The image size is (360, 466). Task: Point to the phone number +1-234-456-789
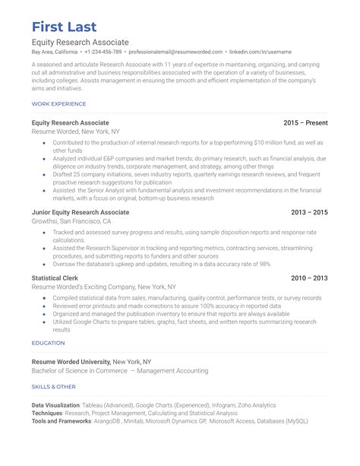pyautogui.click(x=103, y=52)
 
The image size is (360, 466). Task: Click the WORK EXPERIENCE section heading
pyautogui.click(x=58, y=103)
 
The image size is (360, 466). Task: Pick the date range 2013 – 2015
pyautogui.click(x=310, y=212)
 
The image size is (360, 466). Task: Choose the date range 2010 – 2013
pyautogui.click(x=310, y=278)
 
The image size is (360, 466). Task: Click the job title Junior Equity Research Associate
pyautogui.click(x=81, y=212)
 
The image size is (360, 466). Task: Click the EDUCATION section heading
pyautogui.click(x=48, y=343)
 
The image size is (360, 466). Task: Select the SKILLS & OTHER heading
pyautogui.click(x=53, y=386)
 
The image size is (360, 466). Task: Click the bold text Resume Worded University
pyautogui.click(x=71, y=361)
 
